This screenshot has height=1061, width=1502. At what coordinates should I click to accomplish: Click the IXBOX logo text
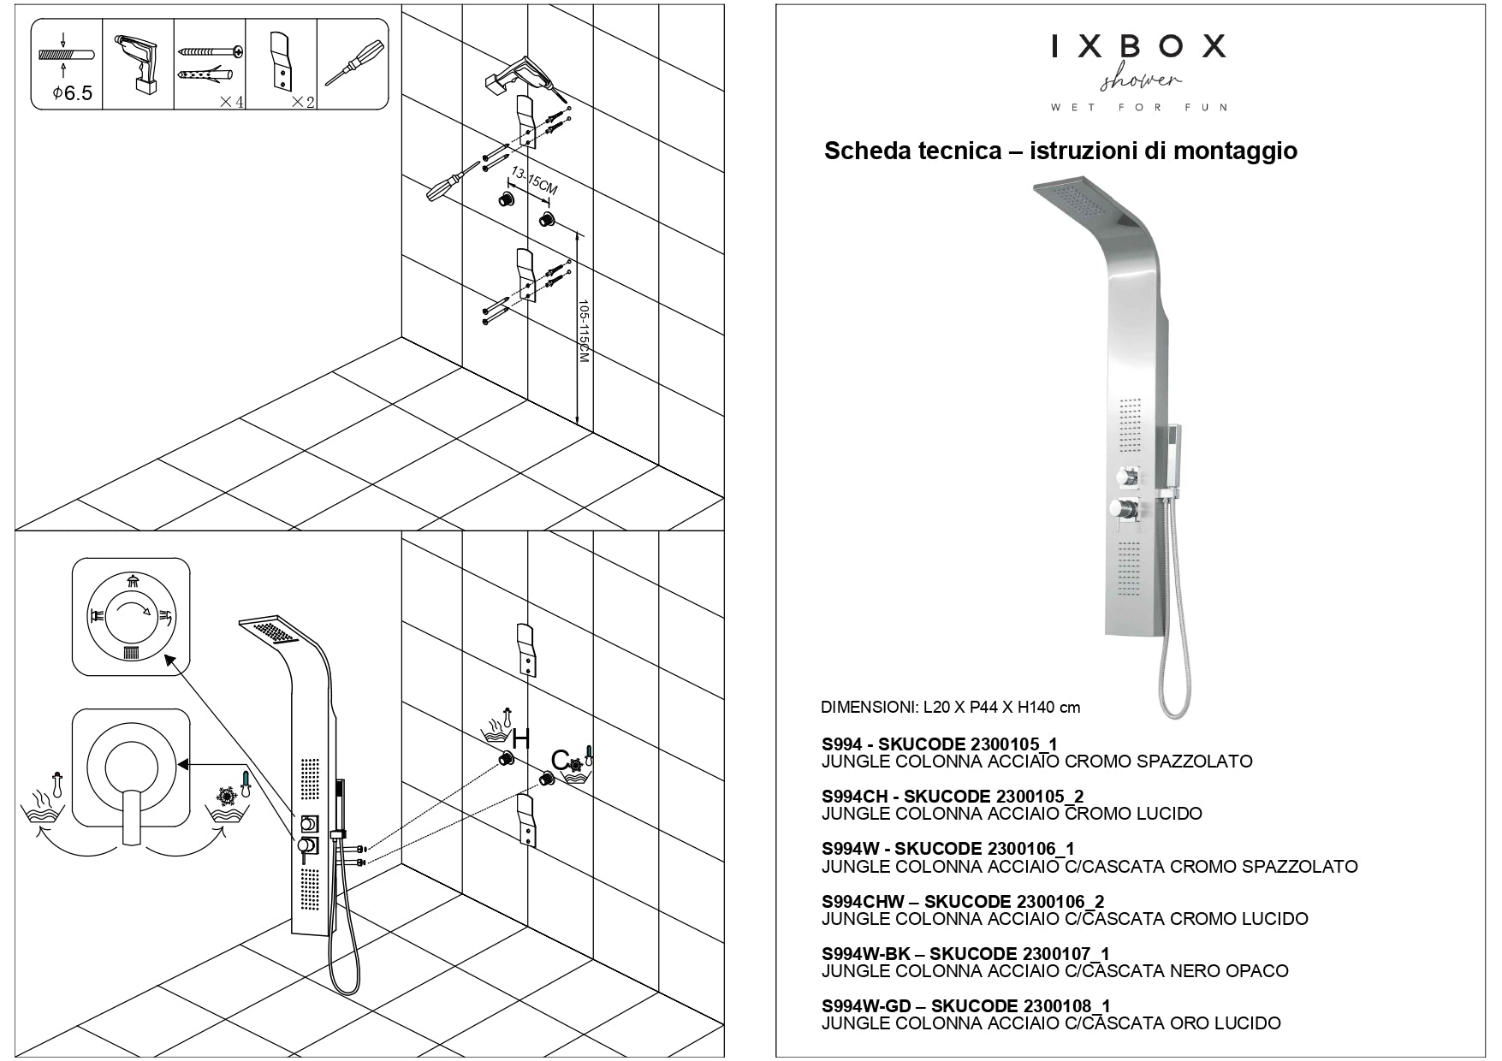(1138, 46)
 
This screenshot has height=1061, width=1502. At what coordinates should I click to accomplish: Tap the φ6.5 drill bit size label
(72, 92)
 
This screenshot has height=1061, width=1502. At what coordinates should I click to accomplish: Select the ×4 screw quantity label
(231, 102)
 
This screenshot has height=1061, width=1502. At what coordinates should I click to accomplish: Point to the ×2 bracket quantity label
(303, 102)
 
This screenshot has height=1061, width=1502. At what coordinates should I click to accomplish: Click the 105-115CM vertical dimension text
(584, 331)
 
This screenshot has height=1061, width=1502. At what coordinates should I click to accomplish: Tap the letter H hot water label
(519, 737)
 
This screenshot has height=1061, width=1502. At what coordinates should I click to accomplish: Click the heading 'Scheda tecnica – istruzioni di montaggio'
(1060, 151)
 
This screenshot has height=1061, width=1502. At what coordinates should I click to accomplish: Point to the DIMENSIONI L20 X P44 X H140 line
(950, 708)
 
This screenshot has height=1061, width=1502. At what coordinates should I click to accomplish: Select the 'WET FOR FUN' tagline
(1139, 108)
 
